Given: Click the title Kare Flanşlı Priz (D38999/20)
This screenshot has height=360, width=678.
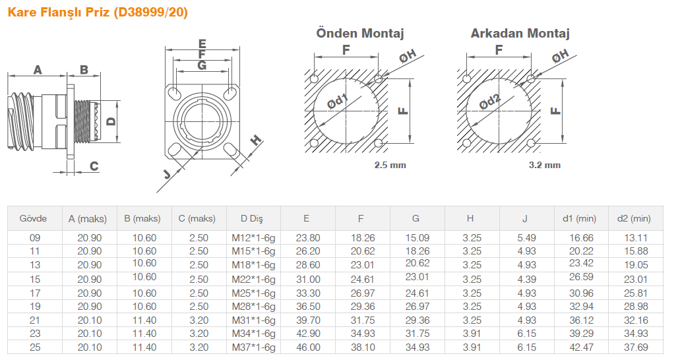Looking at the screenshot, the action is (x=98, y=12).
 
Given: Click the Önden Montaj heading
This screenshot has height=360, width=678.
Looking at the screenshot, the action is (x=359, y=33).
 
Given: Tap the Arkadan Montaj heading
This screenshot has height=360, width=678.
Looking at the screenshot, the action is (x=520, y=33).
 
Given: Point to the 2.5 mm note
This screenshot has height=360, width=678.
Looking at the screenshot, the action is (x=390, y=165).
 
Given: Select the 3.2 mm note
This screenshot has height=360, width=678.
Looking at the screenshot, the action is (x=544, y=165).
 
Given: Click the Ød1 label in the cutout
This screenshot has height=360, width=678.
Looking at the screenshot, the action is (x=337, y=101).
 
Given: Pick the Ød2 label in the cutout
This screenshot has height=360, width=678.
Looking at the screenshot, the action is (x=490, y=101).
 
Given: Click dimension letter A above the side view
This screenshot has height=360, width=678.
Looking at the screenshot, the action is (x=38, y=70).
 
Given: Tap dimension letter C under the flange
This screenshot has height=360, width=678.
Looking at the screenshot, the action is (x=94, y=166).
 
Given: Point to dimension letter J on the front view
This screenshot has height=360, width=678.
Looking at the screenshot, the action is (x=167, y=173).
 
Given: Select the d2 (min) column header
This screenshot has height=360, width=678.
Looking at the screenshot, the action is (x=634, y=219).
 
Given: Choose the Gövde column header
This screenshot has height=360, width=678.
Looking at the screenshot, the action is (x=33, y=218).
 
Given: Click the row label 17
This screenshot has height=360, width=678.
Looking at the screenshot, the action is (x=34, y=293).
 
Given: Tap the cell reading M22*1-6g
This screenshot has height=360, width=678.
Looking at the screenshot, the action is (x=253, y=280).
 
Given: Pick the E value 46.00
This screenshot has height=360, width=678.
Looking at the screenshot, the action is (x=308, y=347).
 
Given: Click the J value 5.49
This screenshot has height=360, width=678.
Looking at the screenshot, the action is (x=526, y=238).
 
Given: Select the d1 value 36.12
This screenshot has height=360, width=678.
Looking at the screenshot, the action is (x=580, y=320).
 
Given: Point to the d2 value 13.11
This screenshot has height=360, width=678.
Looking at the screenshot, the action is (x=636, y=238).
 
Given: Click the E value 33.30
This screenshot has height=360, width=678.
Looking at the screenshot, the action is (x=308, y=293).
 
